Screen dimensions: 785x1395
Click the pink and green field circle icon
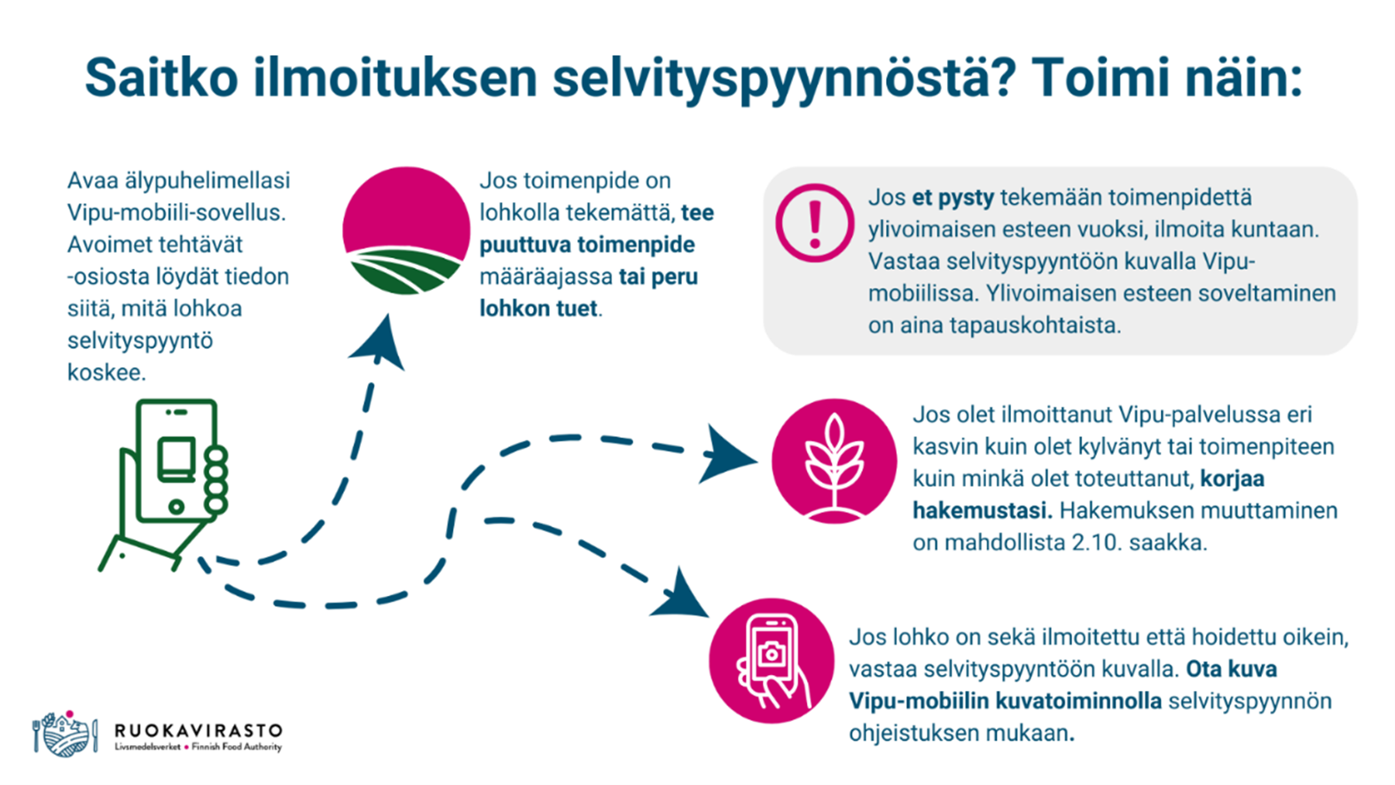[x=406, y=231]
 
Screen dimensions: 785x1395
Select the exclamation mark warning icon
[x=814, y=223]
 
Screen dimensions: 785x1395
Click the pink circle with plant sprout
[x=834, y=461]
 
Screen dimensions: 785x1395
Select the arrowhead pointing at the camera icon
[x=682, y=596]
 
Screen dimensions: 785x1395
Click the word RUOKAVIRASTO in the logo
[x=199, y=731]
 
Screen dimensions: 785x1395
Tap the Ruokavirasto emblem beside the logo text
[x=65, y=734]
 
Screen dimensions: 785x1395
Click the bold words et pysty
[x=953, y=198]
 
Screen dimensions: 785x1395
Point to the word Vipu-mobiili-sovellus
[x=176, y=213]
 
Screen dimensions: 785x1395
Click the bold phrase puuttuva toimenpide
[x=587, y=245]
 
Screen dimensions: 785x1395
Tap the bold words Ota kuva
[x=1232, y=670]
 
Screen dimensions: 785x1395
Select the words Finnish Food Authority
[x=237, y=748]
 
